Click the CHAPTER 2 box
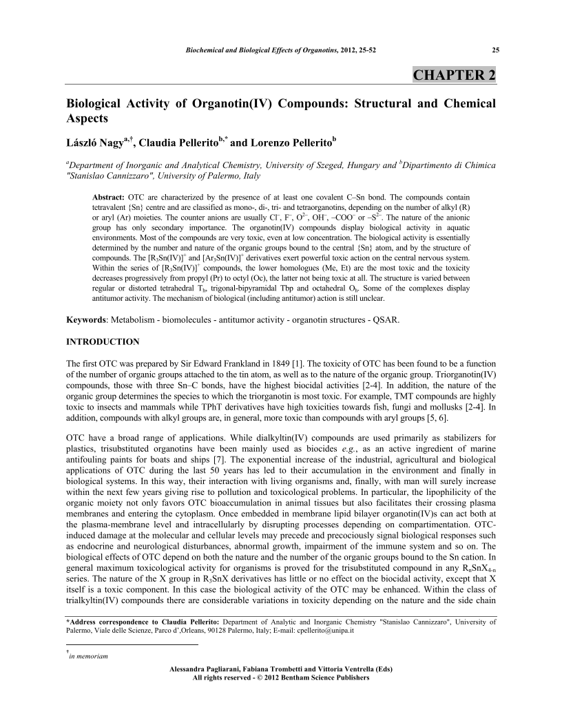point(454,75)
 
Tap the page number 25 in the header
point(492,50)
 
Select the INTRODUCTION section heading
point(102,341)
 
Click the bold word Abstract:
point(107,196)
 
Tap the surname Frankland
point(226,362)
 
